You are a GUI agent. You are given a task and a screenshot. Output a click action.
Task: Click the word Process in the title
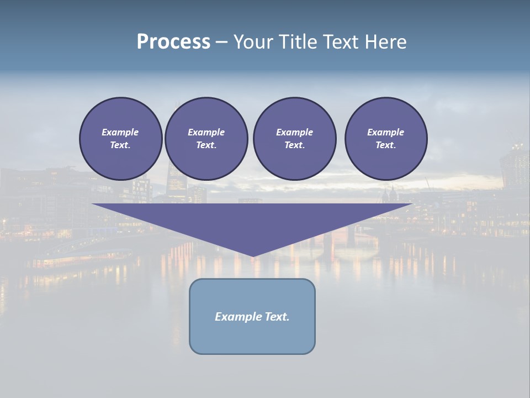(173, 42)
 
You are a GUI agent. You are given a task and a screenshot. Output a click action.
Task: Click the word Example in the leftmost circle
(120, 132)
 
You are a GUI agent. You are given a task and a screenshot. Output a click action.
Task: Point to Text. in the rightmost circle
(385, 145)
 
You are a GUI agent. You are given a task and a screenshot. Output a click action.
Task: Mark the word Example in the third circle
(294, 132)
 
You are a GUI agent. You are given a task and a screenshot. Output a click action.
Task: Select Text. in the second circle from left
(206, 145)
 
